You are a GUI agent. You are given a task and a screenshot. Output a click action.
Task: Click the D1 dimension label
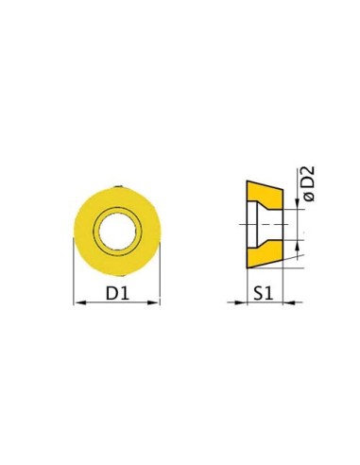[x=117, y=294]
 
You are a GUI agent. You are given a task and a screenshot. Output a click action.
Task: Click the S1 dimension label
[x=264, y=294]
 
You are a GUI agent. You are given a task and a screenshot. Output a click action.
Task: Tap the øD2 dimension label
[x=309, y=183]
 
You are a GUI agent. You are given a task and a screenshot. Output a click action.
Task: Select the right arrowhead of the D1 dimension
[x=154, y=302]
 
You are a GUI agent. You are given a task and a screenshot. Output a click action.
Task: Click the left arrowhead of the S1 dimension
[x=240, y=302]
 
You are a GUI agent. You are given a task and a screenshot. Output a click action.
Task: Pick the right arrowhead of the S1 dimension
[x=289, y=302]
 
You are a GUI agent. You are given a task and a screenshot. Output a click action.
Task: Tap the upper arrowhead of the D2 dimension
[x=298, y=203]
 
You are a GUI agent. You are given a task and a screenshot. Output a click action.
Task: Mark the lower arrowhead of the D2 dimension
[x=298, y=246]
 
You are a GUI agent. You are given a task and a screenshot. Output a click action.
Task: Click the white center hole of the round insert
[x=117, y=231]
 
